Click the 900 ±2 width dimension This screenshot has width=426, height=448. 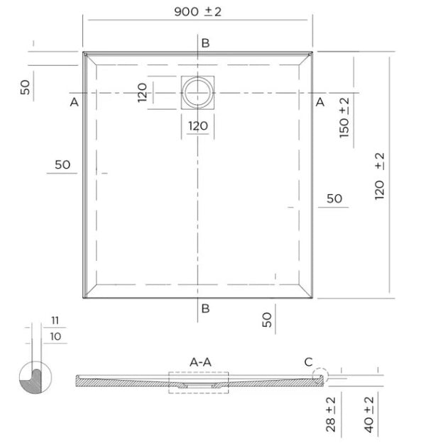coord(198,12)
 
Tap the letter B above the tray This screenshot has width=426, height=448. coord(205,43)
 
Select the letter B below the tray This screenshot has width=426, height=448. coord(205,308)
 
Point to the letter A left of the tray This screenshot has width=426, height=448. coord(74,103)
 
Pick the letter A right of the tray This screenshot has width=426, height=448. coord(319,103)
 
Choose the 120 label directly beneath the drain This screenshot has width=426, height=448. coord(198,126)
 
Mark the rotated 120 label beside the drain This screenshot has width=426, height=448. coord(143,93)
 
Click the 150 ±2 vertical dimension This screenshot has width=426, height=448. coord(345,118)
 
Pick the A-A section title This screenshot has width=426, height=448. coord(201,362)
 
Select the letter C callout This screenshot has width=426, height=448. coord(308,362)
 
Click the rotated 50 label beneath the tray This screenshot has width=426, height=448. coord(267,319)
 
